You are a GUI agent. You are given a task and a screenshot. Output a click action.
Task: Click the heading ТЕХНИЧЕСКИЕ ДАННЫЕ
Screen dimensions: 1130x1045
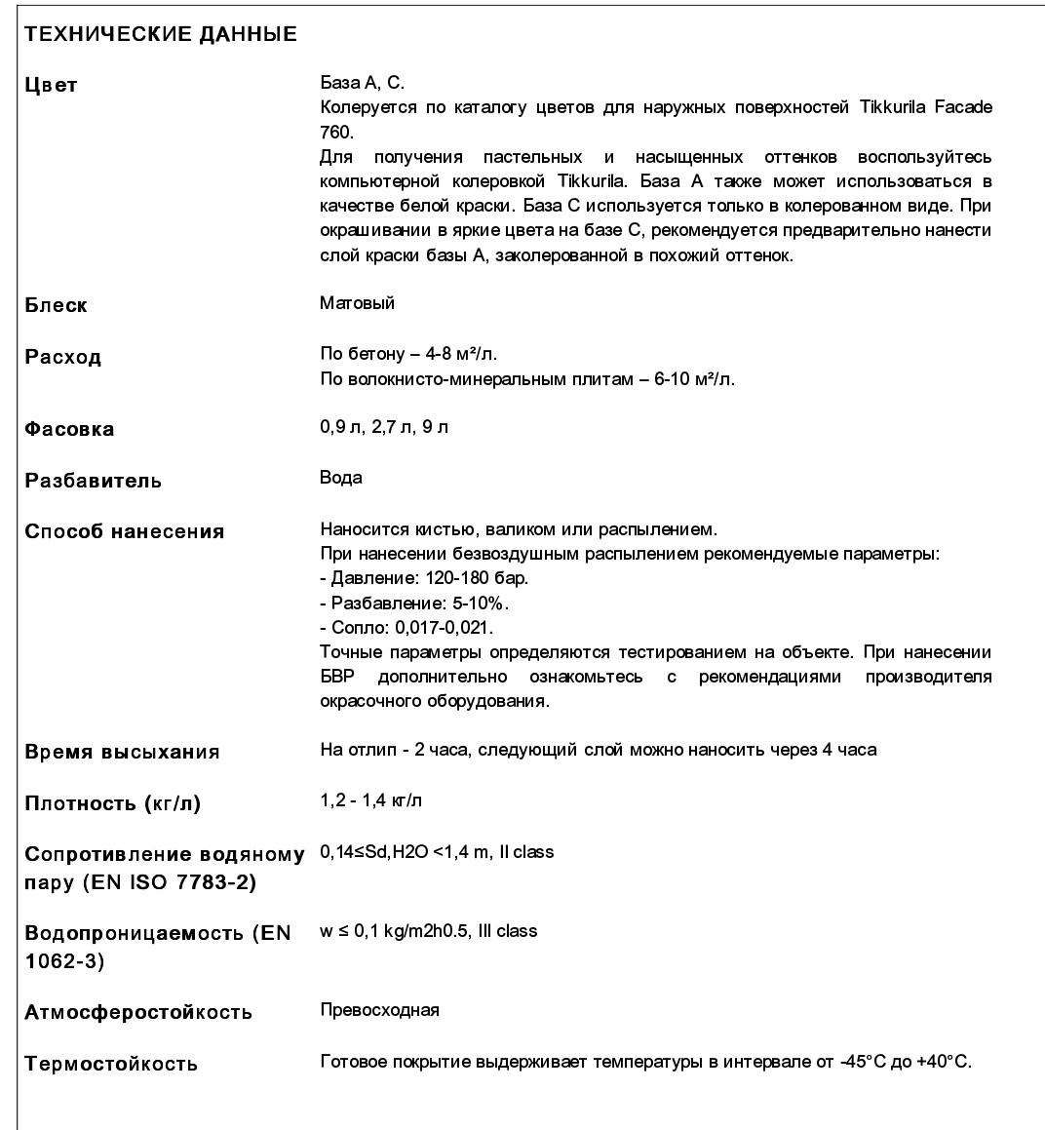pos(161,35)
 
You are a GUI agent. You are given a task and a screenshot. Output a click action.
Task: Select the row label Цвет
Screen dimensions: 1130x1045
pos(51,85)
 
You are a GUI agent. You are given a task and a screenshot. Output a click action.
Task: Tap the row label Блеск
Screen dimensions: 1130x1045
pos(56,305)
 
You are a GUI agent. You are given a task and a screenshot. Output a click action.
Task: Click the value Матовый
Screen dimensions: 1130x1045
pos(357,303)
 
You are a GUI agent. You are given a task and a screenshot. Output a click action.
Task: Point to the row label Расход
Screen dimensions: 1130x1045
pos(62,357)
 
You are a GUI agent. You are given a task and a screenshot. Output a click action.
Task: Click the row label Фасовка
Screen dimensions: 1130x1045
pos(69,429)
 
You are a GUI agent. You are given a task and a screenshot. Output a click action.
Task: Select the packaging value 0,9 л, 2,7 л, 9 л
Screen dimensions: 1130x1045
pos(384,427)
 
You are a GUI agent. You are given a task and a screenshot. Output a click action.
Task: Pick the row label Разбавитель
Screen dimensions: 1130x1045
pos(94,481)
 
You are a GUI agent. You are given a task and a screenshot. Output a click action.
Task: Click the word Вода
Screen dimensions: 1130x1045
pos(341,478)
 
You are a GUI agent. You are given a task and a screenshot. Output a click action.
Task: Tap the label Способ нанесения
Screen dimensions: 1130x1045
pos(125,531)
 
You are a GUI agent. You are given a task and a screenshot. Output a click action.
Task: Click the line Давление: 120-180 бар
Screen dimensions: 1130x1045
pos(425,578)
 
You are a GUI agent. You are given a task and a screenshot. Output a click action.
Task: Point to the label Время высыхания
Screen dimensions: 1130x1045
pos(122,752)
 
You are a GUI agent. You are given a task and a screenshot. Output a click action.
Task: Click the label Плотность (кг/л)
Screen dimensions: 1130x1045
pos(113,804)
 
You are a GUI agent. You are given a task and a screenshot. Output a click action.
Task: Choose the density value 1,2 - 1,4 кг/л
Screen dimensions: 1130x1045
pos(371,801)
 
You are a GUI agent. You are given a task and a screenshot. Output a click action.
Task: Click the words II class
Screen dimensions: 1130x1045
pos(526,852)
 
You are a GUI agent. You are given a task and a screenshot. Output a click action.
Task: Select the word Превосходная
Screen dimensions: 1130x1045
pos(379,1010)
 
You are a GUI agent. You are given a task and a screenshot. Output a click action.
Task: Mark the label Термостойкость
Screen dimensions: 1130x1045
pos(111,1064)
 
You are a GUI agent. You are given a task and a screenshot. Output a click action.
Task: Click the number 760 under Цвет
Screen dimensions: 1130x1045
pos(333,131)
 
